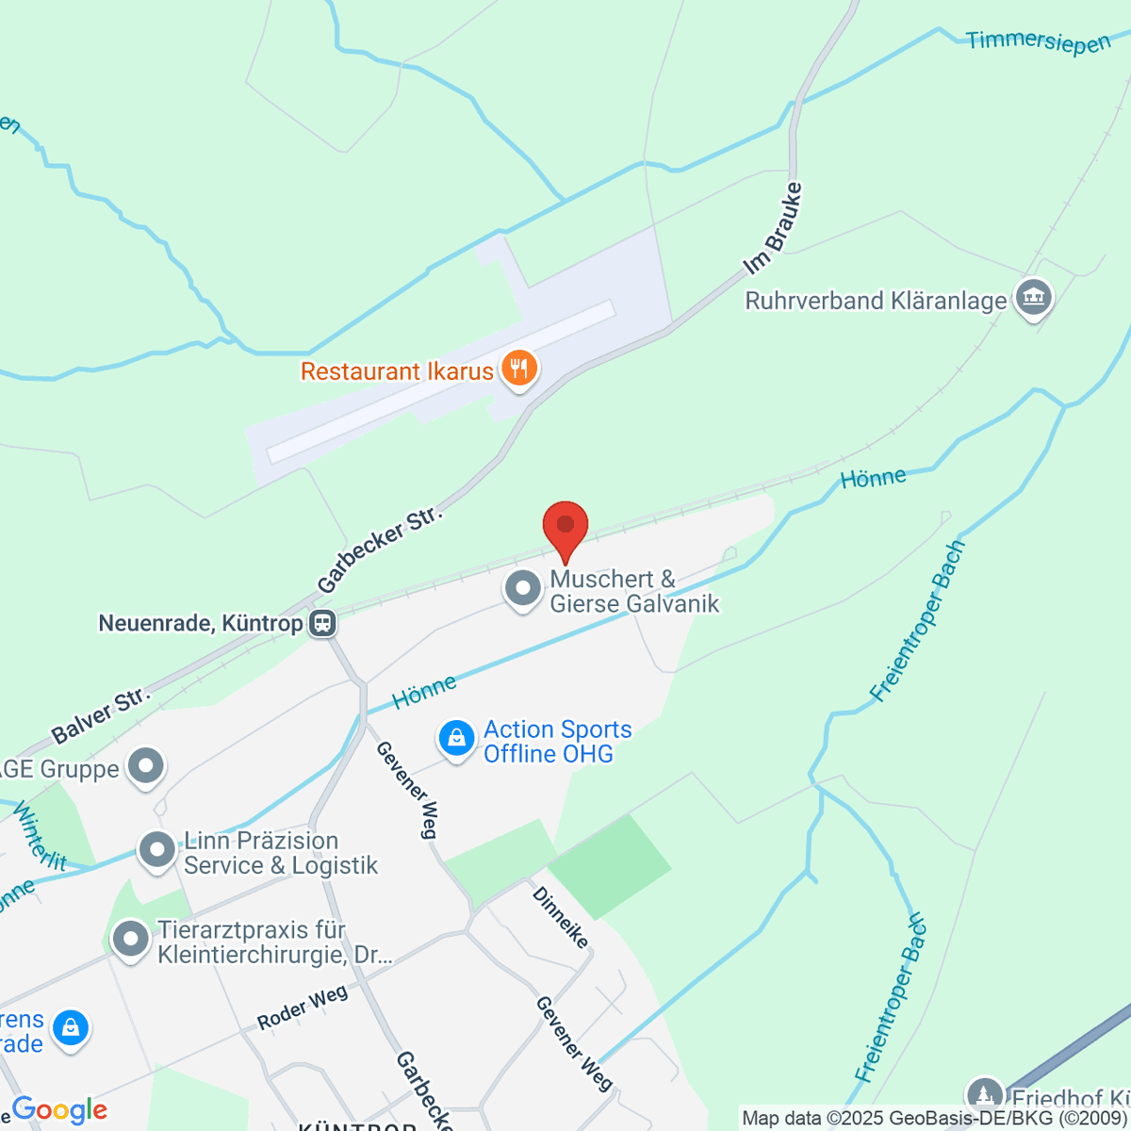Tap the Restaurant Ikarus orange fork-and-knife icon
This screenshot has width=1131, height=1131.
518,369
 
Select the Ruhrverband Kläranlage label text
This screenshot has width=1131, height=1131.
876,302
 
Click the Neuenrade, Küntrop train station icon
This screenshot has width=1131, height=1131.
322,623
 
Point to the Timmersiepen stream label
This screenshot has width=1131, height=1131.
1038,42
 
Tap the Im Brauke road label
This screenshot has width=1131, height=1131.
773,229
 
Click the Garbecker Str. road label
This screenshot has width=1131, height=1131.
380,550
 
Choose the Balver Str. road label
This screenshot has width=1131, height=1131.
101,714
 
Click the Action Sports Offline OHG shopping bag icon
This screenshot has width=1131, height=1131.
456,739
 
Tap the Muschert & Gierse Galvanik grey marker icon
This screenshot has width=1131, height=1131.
522,590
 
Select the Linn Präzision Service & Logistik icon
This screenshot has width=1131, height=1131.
156,851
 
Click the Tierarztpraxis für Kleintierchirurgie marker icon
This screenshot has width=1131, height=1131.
130,940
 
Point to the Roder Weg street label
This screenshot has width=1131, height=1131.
303,1008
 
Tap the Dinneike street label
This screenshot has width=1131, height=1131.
560,917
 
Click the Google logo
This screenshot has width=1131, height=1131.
58,1110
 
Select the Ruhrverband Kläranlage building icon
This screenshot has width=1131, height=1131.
1033,298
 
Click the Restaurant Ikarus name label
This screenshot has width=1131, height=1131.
397,371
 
